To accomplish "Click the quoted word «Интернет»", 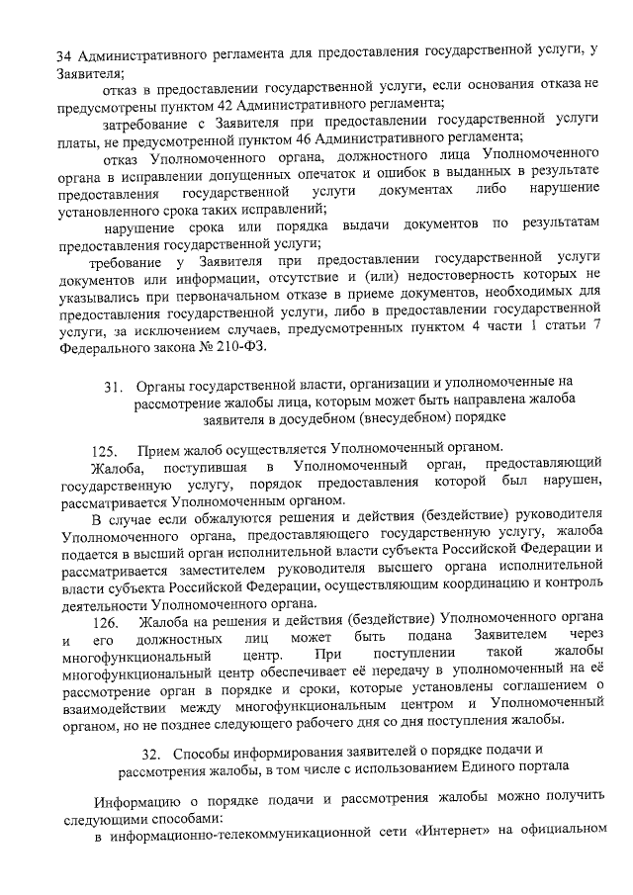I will point(445,839).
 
